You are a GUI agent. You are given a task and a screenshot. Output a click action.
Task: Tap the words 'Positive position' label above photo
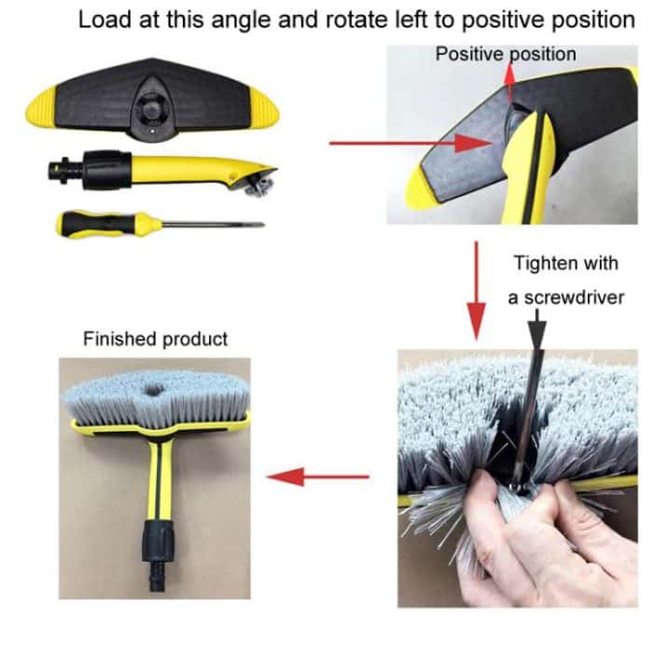point(506,55)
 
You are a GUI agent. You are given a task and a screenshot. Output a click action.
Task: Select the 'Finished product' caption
point(155,339)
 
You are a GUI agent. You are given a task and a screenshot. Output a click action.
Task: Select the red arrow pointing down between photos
point(476,289)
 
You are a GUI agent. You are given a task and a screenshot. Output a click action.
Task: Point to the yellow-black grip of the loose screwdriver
point(109,222)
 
